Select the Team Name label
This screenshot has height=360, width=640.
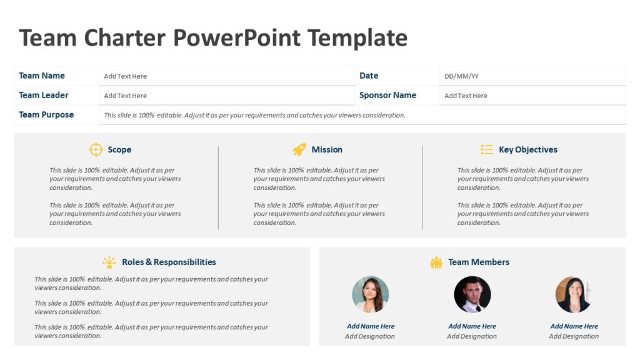[42, 76]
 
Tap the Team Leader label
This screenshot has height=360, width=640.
[44, 95]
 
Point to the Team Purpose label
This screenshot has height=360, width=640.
[46, 114]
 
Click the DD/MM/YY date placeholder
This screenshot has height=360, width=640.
[461, 76]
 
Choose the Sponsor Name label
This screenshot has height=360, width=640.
[387, 95]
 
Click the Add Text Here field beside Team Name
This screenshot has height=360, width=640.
[126, 76]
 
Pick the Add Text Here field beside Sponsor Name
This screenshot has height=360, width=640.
[466, 96]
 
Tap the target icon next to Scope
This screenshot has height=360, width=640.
[96, 149]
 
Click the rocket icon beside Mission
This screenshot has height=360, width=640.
[299, 149]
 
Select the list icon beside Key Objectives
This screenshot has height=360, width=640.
[487, 149]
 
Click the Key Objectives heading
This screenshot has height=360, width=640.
[528, 149]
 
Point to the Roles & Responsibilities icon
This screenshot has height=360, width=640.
[109, 262]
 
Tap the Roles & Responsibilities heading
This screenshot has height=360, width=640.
[169, 262]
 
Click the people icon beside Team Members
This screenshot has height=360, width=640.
[436, 262]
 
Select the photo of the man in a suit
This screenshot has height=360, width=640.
[472, 294]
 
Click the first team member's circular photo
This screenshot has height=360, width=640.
[371, 294]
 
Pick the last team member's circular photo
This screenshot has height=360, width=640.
[574, 294]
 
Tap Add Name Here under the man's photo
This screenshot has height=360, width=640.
[472, 326]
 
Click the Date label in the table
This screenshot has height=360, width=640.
[369, 76]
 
